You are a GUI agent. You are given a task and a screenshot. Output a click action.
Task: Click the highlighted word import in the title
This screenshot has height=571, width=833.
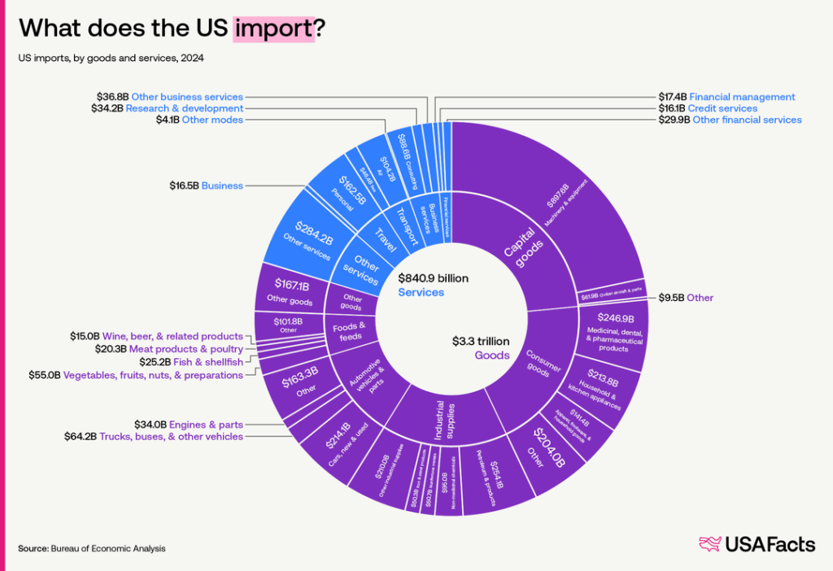tap(273, 28)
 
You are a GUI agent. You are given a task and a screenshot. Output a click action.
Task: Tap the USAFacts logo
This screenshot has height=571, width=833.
tap(757, 544)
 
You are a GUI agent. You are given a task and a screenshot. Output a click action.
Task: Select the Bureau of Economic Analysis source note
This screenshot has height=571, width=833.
tap(92, 548)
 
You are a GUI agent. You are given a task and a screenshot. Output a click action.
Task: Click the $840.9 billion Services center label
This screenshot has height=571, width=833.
tap(433, 285)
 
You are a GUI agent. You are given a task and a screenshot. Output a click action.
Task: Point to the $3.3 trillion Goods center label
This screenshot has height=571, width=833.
tap(481, 347)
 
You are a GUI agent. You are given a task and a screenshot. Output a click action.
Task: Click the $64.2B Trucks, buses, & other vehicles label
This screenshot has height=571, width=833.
tap(154, 437)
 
